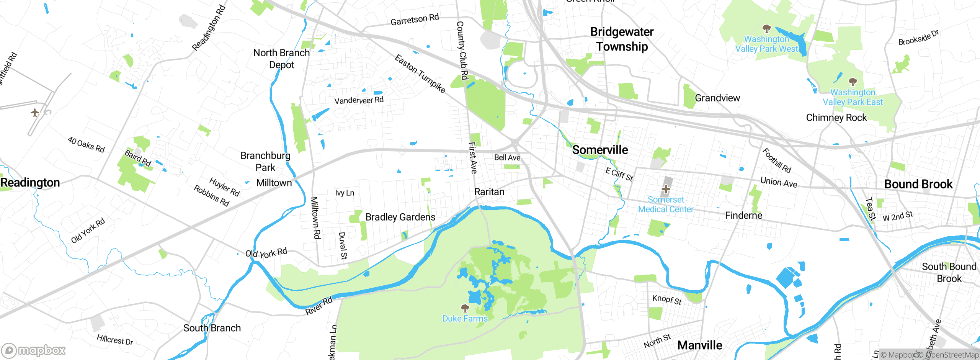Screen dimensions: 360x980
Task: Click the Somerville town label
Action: pyautogui.click(x=600, y=150)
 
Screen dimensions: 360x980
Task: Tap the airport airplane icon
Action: pyautogui.click(x=35, y=113)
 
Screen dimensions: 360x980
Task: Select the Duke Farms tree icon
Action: pyautogui.click(x=465, y=308)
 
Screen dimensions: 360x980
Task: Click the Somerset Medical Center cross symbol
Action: pyautogui.click(x=666, y=189)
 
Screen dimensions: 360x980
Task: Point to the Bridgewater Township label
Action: pyautogui.click(x=622, y=39)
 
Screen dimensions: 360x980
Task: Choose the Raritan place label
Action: pyautogui.click(x=489, y=192)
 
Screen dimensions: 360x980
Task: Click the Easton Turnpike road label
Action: pyautogui.click(x=420, y=74)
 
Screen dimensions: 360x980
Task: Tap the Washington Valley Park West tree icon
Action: pyautogui.click(x=766, y=29)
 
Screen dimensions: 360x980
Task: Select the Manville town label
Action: pyautogui.click(x=699, y=345)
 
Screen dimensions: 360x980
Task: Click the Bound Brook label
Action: pyautogui.click(x=918, y=184)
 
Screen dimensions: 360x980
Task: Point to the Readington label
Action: pyautogui.click(x=30, y=183)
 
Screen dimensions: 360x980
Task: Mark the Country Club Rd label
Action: pyautogui.click(x=462, y=51)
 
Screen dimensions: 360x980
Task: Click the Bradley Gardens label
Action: pyautogui.click(x=400, y=217)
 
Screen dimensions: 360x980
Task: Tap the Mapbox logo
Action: pyautogui.click(x=34, y=350)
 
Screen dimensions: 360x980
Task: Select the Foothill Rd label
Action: pyautogui.click(x=776, y=160)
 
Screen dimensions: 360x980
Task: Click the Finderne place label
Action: pyautogui.click(x=743, y=216)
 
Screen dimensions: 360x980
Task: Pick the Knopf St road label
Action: pyautogui.click(x=666, y=299)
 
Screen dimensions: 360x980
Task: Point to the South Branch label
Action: pyautogui.click(x=212, y=328)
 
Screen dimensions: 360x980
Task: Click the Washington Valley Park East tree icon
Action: pyautogui.click(x=853, y=82)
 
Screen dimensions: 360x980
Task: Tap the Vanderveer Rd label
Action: pyautogui.click(x=359, y=100)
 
